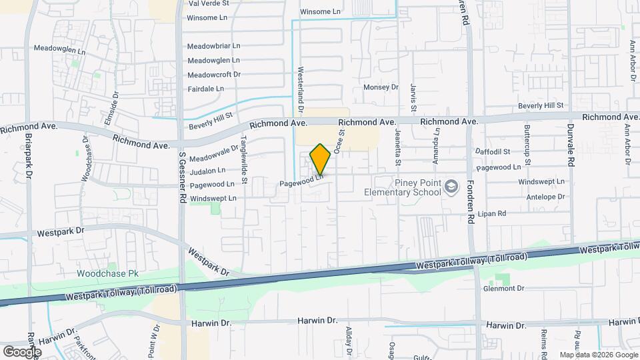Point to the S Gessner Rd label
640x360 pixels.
181,177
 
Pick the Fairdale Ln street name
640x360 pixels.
205,89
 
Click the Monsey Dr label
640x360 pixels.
380,87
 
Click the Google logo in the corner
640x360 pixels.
22,351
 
